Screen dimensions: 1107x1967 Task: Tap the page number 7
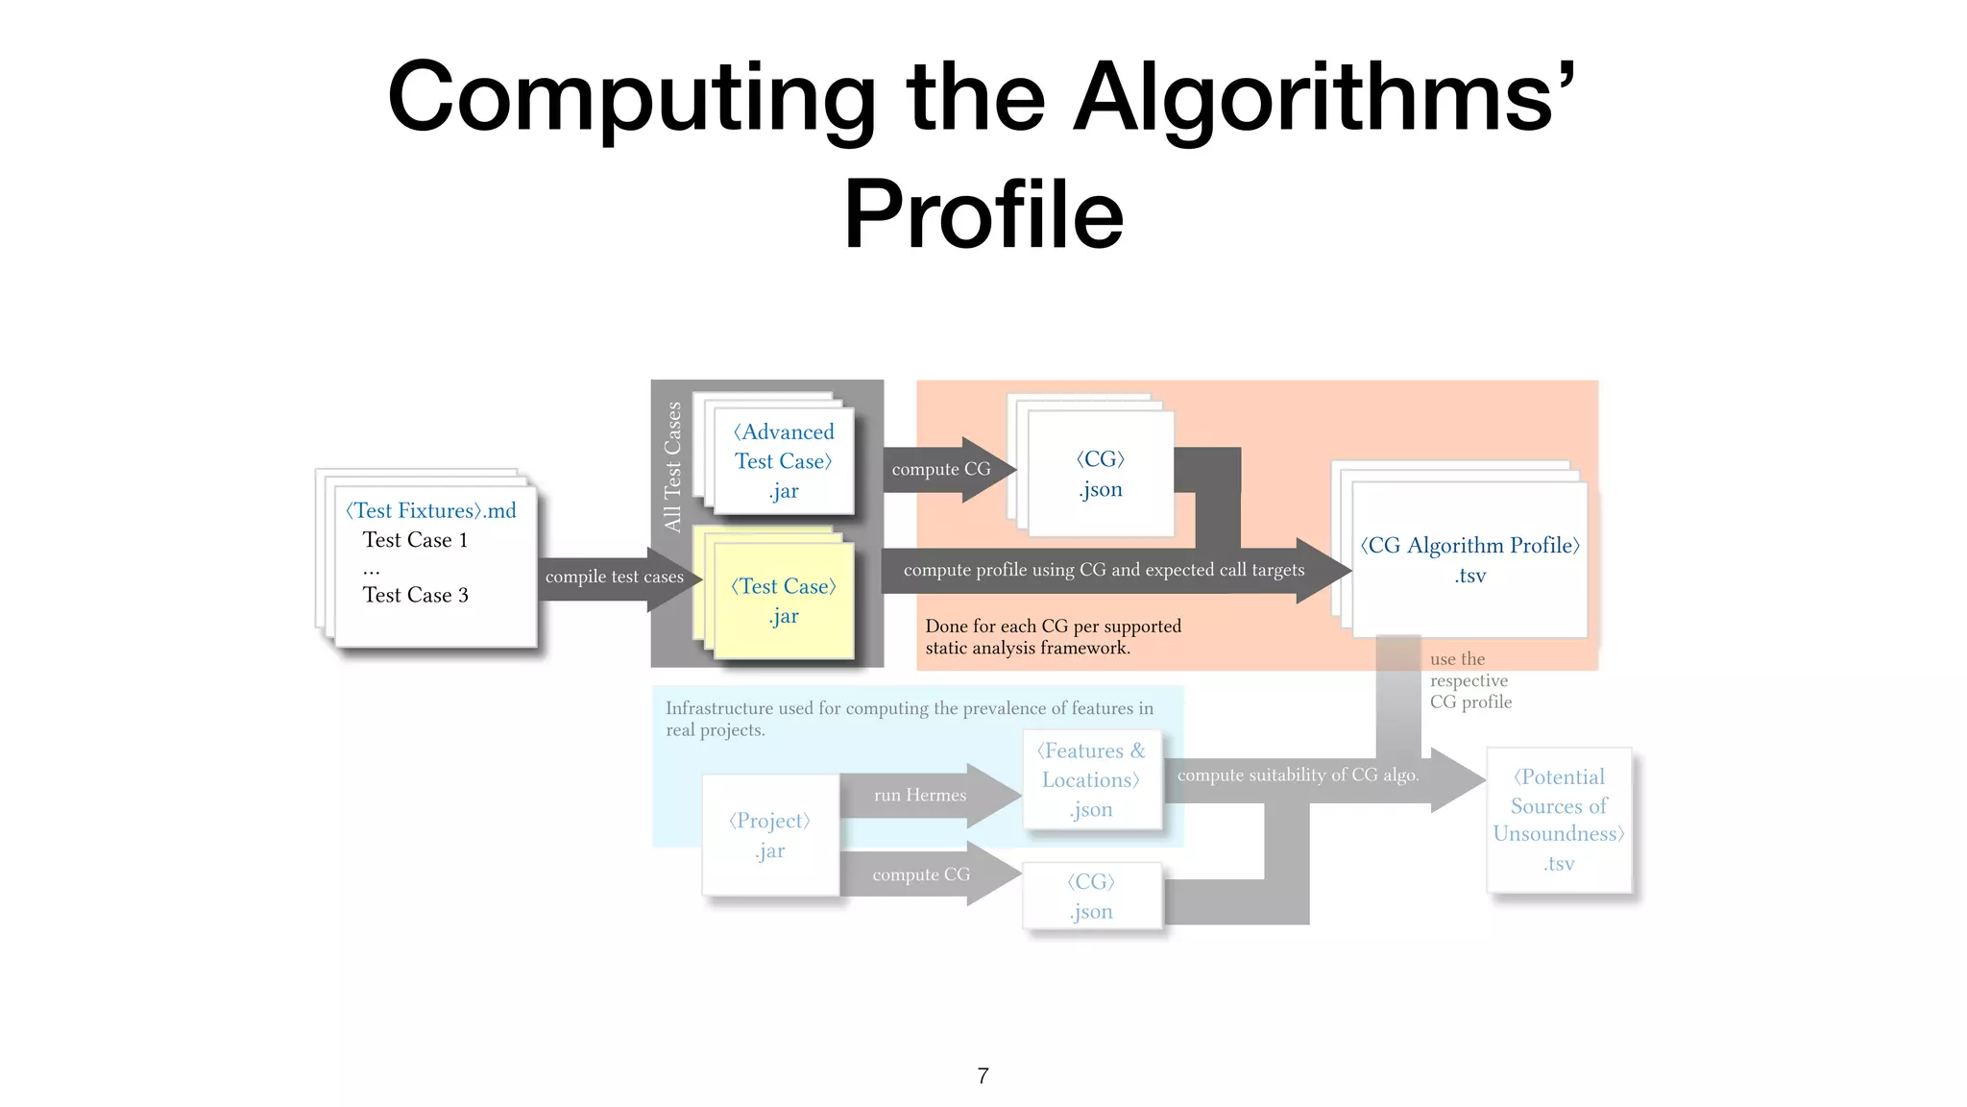click(983, 1075)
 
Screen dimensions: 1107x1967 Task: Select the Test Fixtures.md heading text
click(431, 510)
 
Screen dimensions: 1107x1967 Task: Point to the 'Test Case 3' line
click(415, 595)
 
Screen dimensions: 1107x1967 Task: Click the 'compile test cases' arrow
click(615, 577)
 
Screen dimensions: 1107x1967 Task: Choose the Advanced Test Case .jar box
click(783, 461)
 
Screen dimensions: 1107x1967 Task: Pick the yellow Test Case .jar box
click(784, 601)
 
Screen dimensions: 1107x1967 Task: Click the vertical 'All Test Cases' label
click(672, 467)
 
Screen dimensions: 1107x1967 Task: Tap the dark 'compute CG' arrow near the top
click(941, 469)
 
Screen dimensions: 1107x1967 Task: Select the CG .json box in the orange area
click(1101, 473)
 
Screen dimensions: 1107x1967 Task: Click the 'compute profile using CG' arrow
click(1105, 570)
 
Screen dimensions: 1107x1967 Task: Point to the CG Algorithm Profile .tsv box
click(1469, 559)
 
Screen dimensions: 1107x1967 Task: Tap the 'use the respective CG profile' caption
click(1469, 680)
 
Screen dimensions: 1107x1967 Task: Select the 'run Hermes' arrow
click(920, 795)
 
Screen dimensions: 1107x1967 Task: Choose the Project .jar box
click(770, 834)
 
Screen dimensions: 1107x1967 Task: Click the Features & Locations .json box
click(1092, 779)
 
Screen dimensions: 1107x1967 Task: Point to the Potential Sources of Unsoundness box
click(1559, 820)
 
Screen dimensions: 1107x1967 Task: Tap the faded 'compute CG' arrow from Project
click(921, 874)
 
